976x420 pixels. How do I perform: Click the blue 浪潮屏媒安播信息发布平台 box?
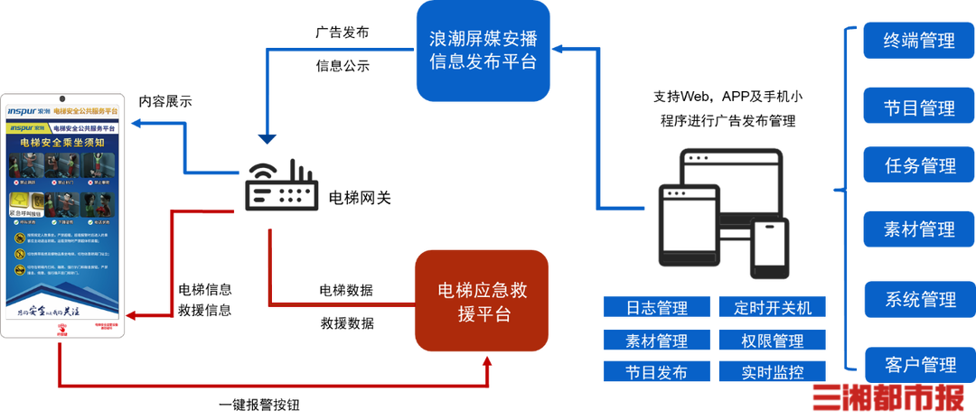click(x=483, y=51)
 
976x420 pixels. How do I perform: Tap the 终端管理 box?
click(x=918, y=42)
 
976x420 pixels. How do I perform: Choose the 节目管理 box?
click(x=918, y=108)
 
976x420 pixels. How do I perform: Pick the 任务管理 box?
click(x=918, y=166)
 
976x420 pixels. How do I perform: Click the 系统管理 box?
click(x=918, y=299)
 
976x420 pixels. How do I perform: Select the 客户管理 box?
click(x=918, y=365)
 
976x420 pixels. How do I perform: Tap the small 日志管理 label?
click(x=656, y=307)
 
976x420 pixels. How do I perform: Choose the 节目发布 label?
click(x=656, y=371)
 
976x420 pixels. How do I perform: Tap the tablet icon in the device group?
click(x=689, y=226)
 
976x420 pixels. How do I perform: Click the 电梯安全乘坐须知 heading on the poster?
click(x=64, y=142)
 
